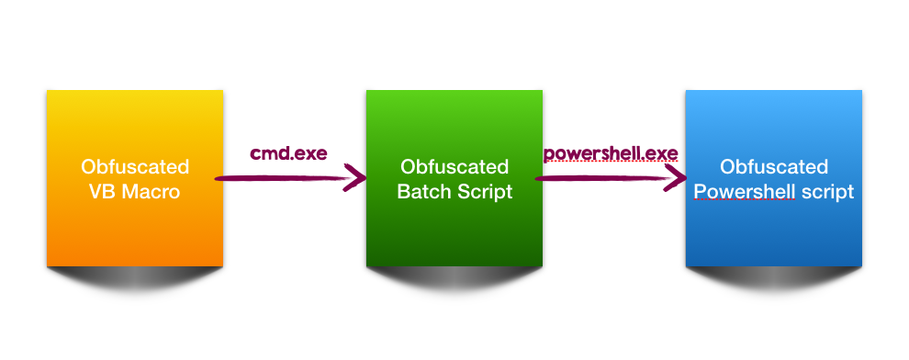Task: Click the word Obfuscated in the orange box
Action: pos(135,167)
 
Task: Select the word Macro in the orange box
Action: pos(153,193)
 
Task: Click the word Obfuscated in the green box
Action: pos(454,167)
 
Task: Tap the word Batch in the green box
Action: pos(425,193)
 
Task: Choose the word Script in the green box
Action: pos(484,193)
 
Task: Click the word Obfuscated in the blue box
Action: pos(774,167)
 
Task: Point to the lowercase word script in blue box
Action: pos(827,193)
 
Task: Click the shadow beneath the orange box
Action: pos(135,278)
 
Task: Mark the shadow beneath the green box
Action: pos(454,278)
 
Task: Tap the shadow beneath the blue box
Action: pos(774,278)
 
